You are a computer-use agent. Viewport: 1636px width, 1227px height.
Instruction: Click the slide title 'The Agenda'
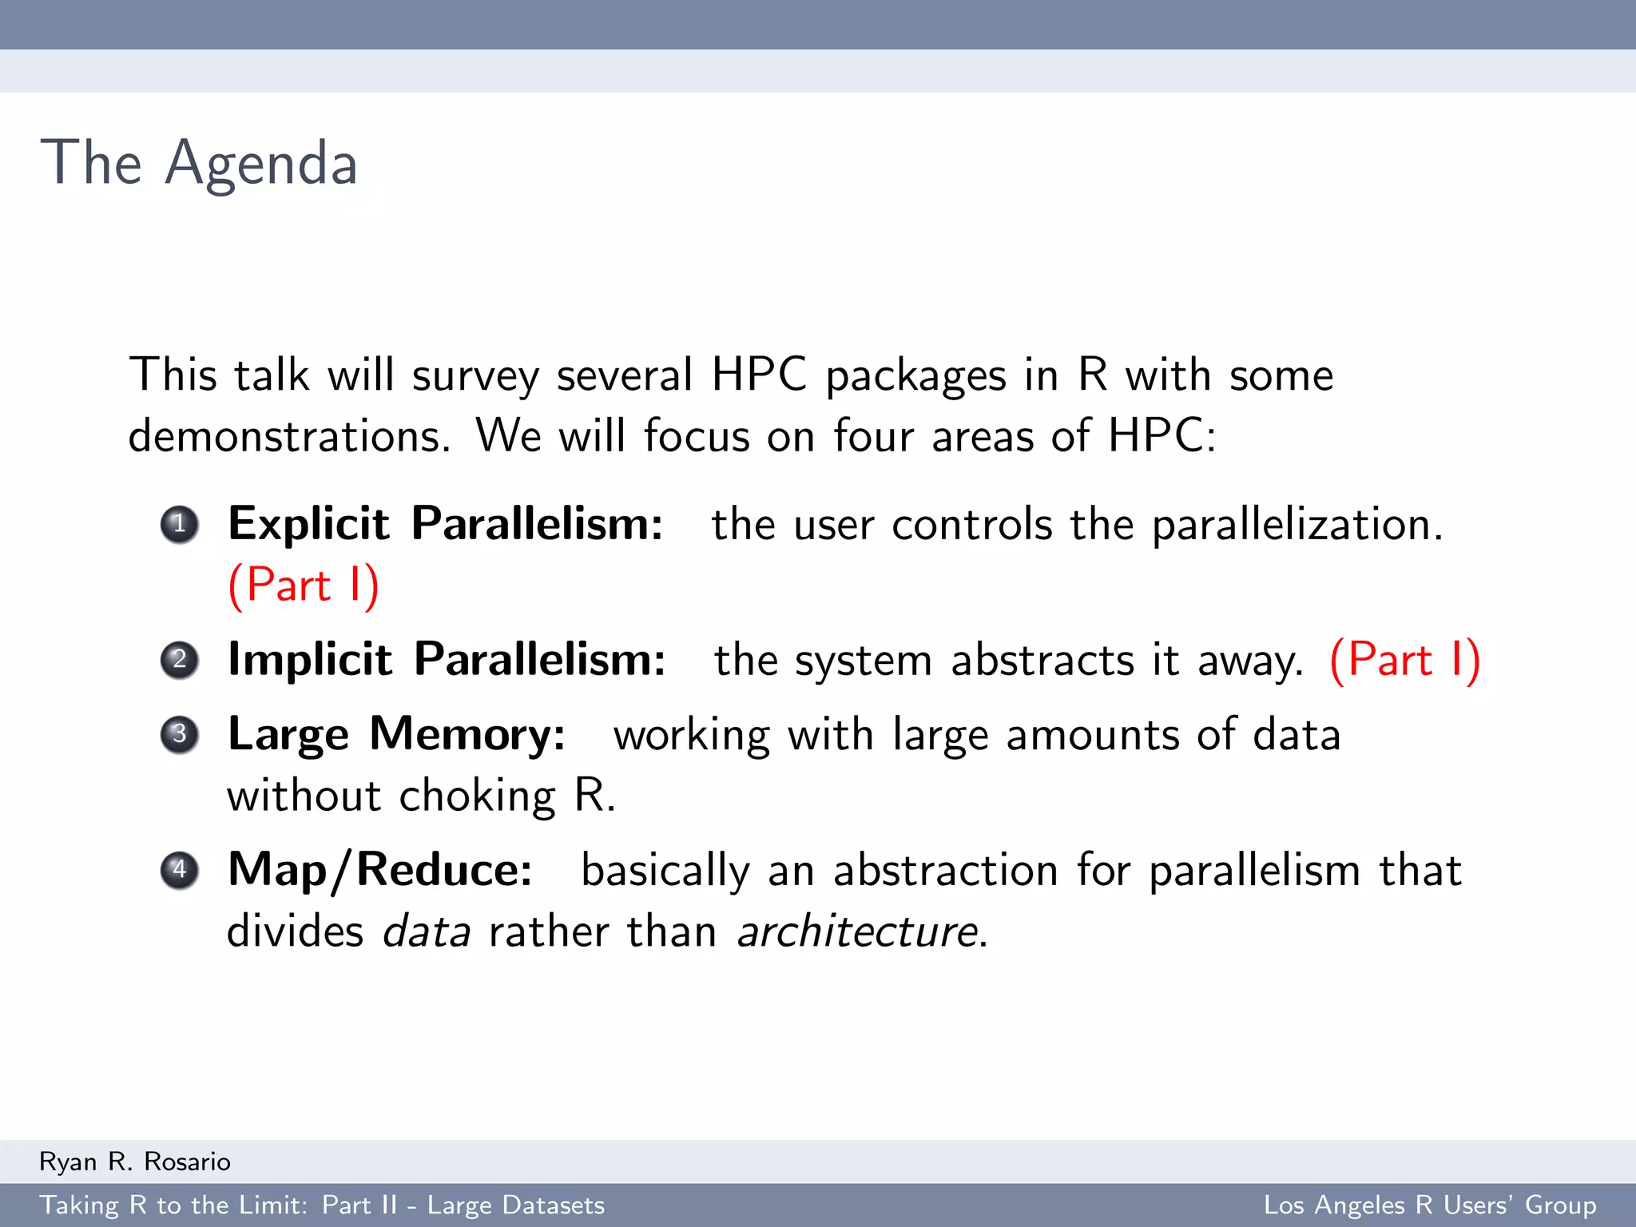(199, 163)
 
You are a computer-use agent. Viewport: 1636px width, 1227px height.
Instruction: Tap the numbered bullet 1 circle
(180, 525)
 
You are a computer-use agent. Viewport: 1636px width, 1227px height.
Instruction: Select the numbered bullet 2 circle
(180, 660)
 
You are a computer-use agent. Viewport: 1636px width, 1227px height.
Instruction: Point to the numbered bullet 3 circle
(180, 734)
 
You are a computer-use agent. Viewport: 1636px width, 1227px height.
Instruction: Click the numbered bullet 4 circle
(180, 870)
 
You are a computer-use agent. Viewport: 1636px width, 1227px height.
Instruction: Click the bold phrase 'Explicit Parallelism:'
(445, 524)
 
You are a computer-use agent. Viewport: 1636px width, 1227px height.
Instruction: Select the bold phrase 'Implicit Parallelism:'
(447, 660)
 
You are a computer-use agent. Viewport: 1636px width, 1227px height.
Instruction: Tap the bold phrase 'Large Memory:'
(396, 734)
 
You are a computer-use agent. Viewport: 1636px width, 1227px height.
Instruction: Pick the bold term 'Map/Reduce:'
(380, 870)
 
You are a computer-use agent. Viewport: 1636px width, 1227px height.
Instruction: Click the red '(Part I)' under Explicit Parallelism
(304, 586)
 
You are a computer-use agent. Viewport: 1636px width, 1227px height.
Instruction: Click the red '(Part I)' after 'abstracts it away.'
(1404, 660)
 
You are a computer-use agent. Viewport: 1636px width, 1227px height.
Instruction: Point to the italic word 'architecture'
(858, 931)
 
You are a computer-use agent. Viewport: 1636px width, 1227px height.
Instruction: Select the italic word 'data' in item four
(427, 931)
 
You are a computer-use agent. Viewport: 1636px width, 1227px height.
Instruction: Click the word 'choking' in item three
(477, 796)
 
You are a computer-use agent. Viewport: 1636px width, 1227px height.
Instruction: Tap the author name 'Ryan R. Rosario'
(135, 1161)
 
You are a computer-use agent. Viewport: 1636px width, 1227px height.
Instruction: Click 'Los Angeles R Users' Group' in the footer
(1429, 1205)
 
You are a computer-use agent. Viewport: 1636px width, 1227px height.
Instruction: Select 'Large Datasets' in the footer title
(516, 1205)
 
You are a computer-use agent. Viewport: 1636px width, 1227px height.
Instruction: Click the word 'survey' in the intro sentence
(475, 375)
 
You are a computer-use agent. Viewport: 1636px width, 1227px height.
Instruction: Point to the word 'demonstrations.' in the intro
(290, 437)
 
